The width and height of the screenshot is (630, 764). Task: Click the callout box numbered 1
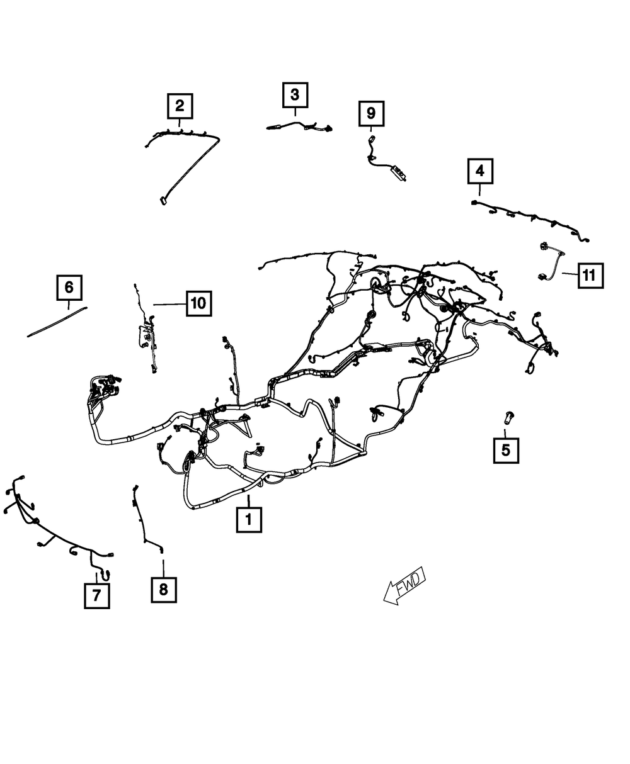click(x=249, y=520)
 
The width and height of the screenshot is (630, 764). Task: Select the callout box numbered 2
click(x=180, y=105)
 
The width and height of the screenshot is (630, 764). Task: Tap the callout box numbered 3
click(x=295, y=96)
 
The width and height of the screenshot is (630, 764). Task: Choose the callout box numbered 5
click(x=506, y=450)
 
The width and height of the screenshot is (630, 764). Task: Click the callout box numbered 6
click(x=69, y=288)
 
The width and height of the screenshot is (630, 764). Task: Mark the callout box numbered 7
click(x=96, y=595)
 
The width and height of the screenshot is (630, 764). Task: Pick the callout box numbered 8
click(x=163, y=590)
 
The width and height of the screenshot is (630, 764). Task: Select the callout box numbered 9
click(x=370, y=113)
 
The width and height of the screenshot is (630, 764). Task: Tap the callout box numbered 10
click(x=198, y=303)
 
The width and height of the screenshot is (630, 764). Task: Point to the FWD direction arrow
click(x=405, y=586)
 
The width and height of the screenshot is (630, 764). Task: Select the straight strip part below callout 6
click(x=57, y=321)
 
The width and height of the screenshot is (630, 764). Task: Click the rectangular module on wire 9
click(x=398, y=171)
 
